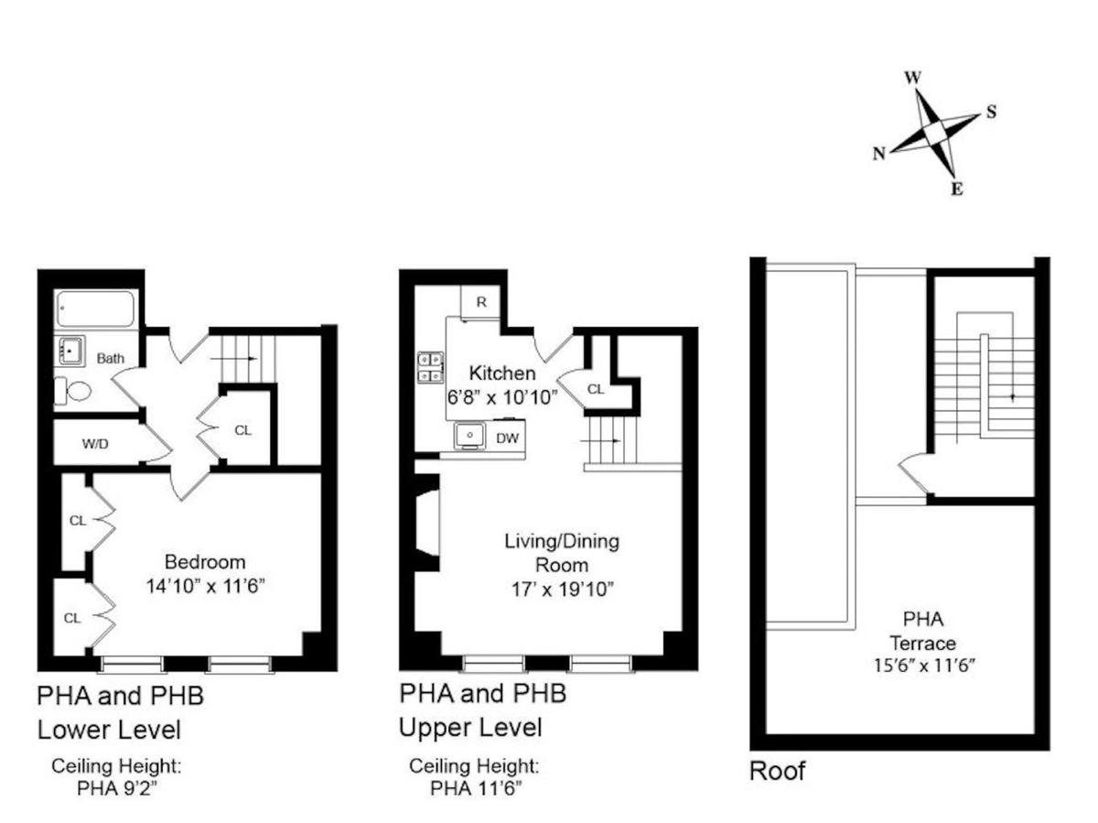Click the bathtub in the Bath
click(x=95, y=309)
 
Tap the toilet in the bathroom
click(x=73, y=391)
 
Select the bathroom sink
click(x=71, y=351)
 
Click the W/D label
click(x=95, y=443)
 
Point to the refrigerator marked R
click(x=480, y=302)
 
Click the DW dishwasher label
click(x=507, y=439)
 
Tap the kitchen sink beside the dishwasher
click(x=469, y=435)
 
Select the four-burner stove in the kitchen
click(x=430, y=368)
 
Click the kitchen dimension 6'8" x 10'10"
click(x=502, y=397)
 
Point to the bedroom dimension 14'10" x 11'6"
click(x=205, y=585)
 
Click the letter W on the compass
click(x=913, y=78)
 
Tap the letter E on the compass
click(x=956, y=190)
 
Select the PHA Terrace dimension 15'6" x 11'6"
click(x=924, y=666)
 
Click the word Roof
click(x=777, y=771)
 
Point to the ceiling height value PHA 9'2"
click(x=117, y=788)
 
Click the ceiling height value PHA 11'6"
click(x=476, y=788)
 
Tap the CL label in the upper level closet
click(x=596, y=389)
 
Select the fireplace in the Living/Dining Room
click(x=427, y=523)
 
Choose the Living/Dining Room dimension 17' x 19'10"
click(x=562, y=590)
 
